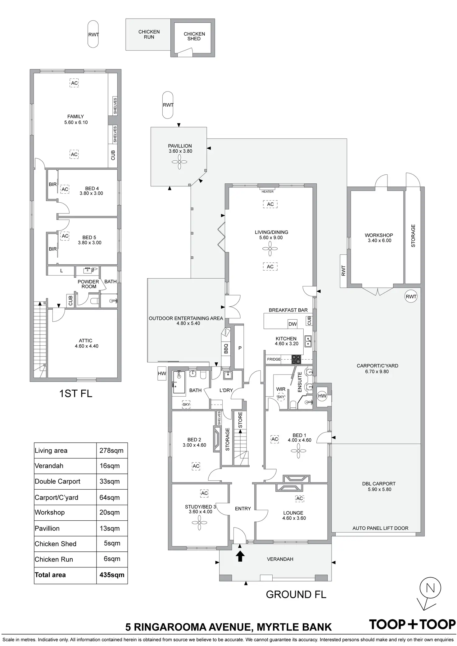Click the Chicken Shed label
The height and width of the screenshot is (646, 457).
click(194, 36)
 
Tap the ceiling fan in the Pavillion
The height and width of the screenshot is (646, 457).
click(180, 162)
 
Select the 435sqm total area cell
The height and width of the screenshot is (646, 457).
click(112, 575)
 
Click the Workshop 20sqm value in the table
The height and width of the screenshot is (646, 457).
click(110, 512)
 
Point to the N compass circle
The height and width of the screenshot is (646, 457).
click(430, 588)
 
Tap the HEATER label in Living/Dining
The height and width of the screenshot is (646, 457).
click(267, 191)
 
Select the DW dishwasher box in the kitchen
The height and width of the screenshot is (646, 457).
click(292, 324)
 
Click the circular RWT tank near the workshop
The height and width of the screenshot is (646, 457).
click(411, 297)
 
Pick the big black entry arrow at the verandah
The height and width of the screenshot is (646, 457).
click(240, 556)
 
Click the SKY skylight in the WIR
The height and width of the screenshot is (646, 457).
click(281, 397)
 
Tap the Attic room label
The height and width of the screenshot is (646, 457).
click(86, 343)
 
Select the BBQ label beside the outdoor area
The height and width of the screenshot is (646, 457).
click(226, 348)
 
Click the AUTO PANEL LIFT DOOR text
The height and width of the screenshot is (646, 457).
click(380, 528)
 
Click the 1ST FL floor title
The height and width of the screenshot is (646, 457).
click(75, 393)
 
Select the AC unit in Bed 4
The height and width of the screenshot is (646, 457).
click(65, 189)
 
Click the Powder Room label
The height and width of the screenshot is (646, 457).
click(88, 284)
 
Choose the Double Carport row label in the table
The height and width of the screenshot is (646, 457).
click(57, 481)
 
